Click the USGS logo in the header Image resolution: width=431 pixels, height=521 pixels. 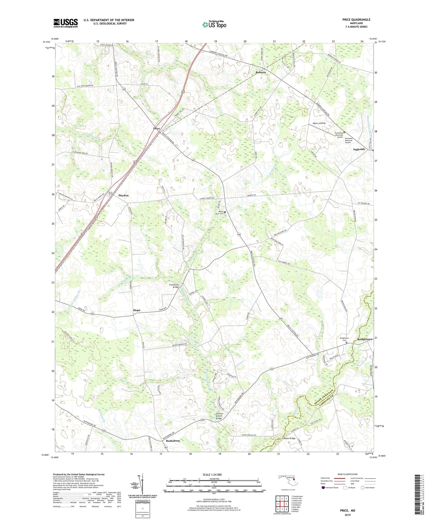tap(66, 23)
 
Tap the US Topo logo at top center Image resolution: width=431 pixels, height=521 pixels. tap(214, 24)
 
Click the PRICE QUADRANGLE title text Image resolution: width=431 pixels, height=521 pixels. tap(356, 20)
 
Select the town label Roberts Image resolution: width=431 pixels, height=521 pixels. tap(260, 73)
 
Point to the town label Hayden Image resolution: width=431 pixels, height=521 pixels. tap(123, 195)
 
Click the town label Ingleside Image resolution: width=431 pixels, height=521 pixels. tap(359, 149)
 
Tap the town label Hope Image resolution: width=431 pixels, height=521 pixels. tap(137, 310)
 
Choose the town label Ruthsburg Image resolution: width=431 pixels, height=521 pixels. tap(173, 440)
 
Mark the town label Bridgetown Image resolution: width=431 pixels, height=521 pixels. tap(364, 340)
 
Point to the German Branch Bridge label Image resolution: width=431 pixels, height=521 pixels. tap(219, 416)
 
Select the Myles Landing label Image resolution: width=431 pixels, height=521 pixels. tap(319, 123)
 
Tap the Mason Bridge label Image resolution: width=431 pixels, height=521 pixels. tap(289, 438)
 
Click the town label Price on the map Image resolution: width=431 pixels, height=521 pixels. tap(157, 129)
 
